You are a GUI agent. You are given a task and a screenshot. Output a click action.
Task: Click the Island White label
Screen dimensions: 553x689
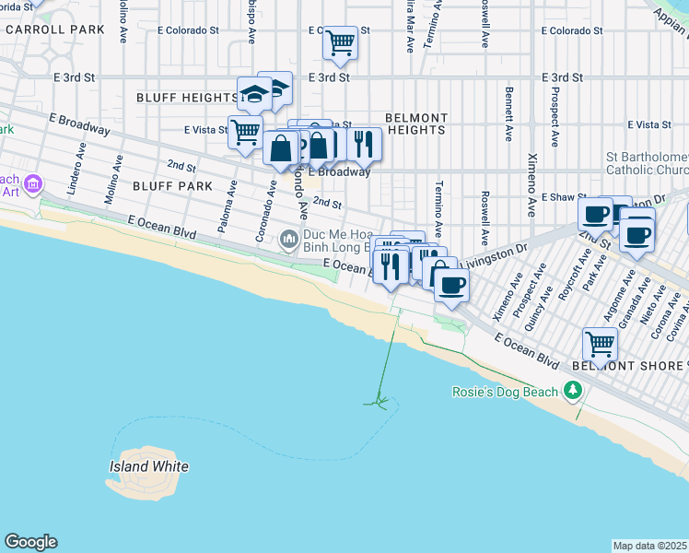tap(148, 466)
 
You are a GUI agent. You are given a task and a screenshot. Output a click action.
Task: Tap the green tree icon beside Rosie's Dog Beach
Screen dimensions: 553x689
tap(574, 392)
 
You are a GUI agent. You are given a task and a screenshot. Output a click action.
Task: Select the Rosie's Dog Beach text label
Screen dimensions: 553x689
tap(505, 392)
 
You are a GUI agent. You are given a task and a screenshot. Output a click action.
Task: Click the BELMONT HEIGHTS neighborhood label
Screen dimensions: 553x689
tap(415, 124)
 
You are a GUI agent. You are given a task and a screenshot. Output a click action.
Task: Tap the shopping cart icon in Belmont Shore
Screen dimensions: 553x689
tap(600, 345)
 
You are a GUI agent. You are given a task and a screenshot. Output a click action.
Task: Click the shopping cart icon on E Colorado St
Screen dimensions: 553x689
tap(341, 41)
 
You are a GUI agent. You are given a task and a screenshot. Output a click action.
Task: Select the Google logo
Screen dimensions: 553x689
tap(30, 542)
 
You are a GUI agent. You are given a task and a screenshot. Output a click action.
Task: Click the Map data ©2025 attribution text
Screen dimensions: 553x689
tap(649, 546)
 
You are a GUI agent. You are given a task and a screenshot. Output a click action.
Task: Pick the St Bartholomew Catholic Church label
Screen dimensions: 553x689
tap(647, 163)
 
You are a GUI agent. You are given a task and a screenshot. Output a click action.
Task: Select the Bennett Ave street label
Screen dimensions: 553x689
tap(508, 114)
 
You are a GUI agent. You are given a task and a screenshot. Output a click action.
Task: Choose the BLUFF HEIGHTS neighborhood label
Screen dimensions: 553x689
tap(187, 98)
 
